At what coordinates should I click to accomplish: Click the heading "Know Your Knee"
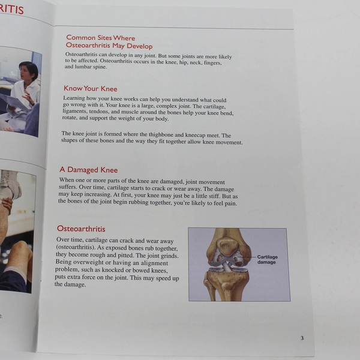(x=90, y=89)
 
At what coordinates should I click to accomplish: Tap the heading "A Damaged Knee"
(x=88, y=170)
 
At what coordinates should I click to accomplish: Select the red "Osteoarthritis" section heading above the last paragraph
(x=81, y=229)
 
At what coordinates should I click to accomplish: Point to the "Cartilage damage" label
(x=267, y=260)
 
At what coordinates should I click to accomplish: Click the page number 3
(x=302, y=338)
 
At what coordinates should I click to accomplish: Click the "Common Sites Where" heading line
(x=101, y=38)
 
